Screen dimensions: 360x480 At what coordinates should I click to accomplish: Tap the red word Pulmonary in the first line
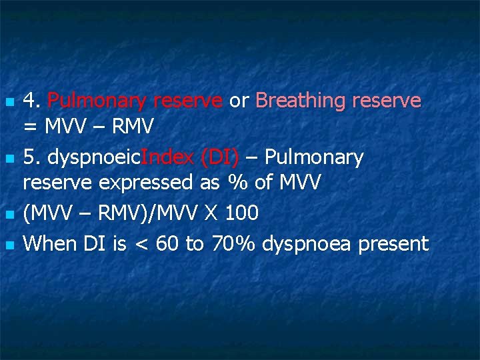click(97, 101)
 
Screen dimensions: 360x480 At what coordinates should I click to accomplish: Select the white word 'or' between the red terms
click(238, 101)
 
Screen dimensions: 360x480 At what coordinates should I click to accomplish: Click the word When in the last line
click(49, 244)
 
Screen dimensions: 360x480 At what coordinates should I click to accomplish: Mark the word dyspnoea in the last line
click(307, 245)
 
